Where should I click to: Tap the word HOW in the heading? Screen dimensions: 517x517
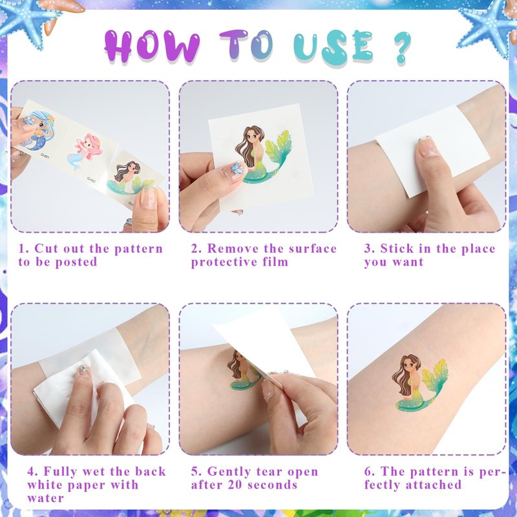click(152, 46)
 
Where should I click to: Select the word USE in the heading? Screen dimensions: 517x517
click(333, 47)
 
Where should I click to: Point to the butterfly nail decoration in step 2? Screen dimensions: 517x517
click(237, 167)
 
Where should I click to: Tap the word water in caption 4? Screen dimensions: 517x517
click(45, 498)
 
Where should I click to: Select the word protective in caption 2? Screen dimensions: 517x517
click(224, 262)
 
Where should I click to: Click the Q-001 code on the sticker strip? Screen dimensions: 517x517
click(45, 156)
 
